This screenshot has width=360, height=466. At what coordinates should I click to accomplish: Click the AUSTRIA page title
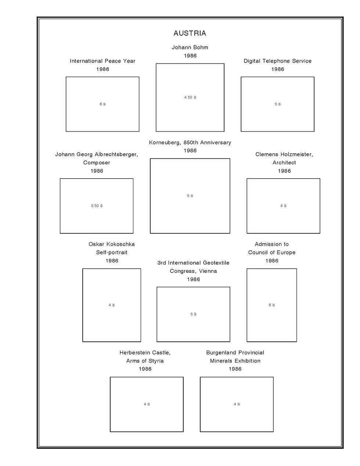click(x=190, y=33)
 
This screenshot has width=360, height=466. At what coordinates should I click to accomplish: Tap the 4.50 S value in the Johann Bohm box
click(x=190, y=97)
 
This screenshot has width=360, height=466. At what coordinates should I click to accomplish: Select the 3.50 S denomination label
click(x=97, y=206)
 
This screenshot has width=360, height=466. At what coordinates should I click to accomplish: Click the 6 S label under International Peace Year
click(x=102, y=104)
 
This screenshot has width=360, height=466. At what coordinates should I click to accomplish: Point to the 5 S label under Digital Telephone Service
click(x=277, y=104)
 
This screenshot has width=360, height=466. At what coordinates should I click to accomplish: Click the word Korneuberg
click(x=164, y=143)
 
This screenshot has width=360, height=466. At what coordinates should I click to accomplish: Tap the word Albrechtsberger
click(x=116, y=154)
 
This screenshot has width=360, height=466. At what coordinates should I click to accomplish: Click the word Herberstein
click(x=135, y=352)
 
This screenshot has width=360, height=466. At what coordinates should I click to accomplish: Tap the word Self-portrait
click(x=112, y=252)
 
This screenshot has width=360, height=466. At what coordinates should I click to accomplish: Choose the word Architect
click(x=284, y=162)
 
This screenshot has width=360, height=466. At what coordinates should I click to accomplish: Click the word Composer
click(x=97, y=162)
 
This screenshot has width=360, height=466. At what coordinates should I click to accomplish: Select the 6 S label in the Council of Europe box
click(x=271, y=305)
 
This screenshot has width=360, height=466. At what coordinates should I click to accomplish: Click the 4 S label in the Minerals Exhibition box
click(x=237, y=404)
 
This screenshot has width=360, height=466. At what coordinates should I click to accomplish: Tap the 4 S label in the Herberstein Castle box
click(x=147, y=404)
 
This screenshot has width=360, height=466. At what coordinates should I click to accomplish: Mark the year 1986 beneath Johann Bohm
click(x=190, y=56)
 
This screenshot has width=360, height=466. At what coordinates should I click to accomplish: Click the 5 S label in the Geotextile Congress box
click(x=193, y=314)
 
